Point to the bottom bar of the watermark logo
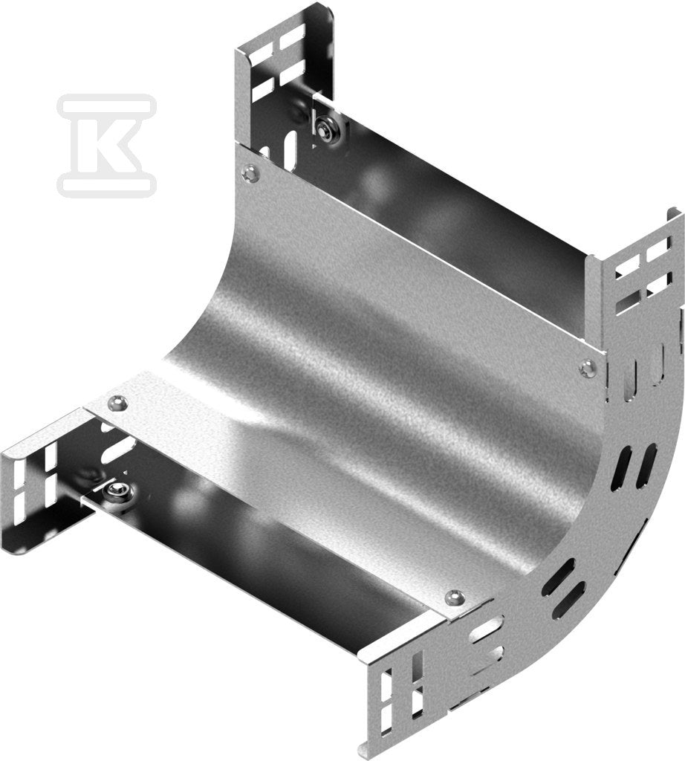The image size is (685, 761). pos(107,186)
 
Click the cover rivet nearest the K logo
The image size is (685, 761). pos(250,172)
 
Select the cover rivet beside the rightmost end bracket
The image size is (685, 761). pos(587,367)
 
